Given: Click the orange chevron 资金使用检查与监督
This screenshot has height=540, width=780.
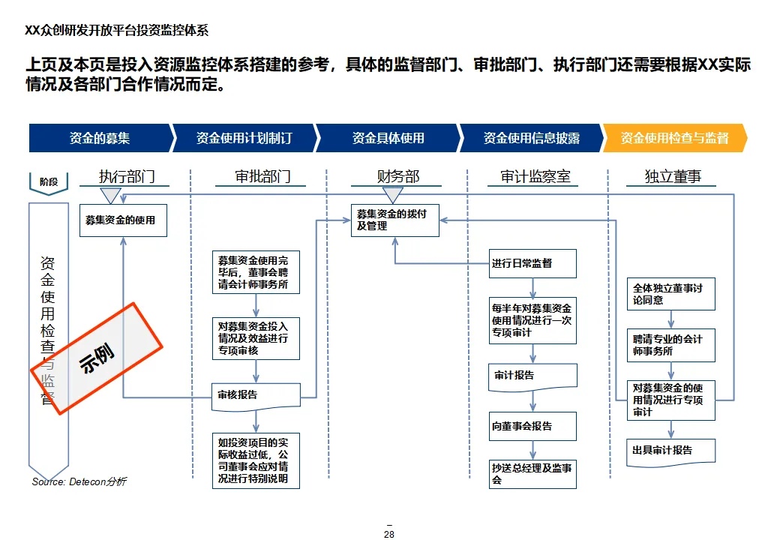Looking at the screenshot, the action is click(675, 138).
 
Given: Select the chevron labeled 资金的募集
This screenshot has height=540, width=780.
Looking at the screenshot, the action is click(100, 138).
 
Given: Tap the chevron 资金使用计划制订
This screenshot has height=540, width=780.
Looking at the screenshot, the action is click(244, 138).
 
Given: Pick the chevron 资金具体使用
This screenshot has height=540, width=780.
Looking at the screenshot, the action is click(388, 138).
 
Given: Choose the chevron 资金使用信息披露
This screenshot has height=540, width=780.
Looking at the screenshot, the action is click(531, 138).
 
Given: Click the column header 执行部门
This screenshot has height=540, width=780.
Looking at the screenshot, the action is click(127, 177).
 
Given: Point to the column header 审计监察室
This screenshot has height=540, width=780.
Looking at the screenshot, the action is click(535, 177).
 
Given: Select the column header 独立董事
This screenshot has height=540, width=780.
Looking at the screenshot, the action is click(673, 177).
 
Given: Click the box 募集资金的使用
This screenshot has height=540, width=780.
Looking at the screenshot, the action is click(122, 220).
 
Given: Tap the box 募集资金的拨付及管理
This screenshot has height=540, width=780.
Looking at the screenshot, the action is click(394, 220).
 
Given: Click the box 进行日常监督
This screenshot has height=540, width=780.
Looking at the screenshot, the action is click(533, 264).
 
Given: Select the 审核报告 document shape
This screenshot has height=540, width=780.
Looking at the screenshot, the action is click(256, 396).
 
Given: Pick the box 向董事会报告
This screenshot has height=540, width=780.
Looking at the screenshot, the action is click(533, 426).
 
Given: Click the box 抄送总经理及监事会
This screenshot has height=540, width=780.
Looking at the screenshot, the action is click(533, 474).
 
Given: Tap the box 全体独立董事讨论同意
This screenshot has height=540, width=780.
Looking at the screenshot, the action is click(670, 294).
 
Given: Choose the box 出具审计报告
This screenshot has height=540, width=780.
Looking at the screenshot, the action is click(670, 451).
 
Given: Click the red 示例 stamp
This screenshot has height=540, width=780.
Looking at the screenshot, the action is click(97, 358).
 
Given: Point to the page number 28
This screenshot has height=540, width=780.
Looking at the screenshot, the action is click(388, 534).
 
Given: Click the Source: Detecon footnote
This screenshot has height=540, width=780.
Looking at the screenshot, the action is click(79, 481).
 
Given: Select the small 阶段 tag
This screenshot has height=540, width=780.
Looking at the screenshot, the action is click(49, 181).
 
